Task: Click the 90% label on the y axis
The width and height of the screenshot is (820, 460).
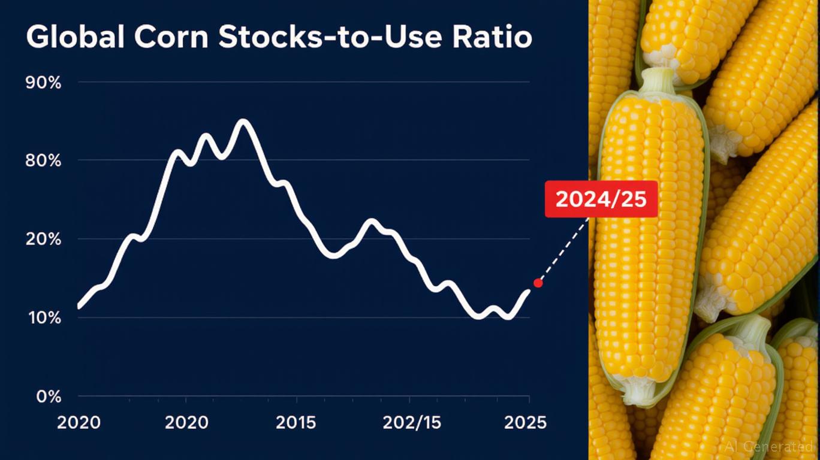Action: tap(43, 83)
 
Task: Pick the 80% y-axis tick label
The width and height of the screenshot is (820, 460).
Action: tap(43, 161)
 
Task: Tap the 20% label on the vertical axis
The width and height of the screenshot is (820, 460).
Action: tap(43, 240)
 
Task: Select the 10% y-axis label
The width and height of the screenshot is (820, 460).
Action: tap(43, 318)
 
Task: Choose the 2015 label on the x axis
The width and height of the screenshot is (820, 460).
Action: tap(296, 423)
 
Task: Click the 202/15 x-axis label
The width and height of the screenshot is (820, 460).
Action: tap(412, 423)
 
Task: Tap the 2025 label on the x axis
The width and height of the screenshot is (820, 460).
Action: tap(525, 423)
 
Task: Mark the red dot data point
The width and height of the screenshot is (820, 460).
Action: tap(538, 283)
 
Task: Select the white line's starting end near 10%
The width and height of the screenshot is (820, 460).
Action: tap(80, 306)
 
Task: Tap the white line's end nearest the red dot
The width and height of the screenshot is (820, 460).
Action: tap(528, 292)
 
